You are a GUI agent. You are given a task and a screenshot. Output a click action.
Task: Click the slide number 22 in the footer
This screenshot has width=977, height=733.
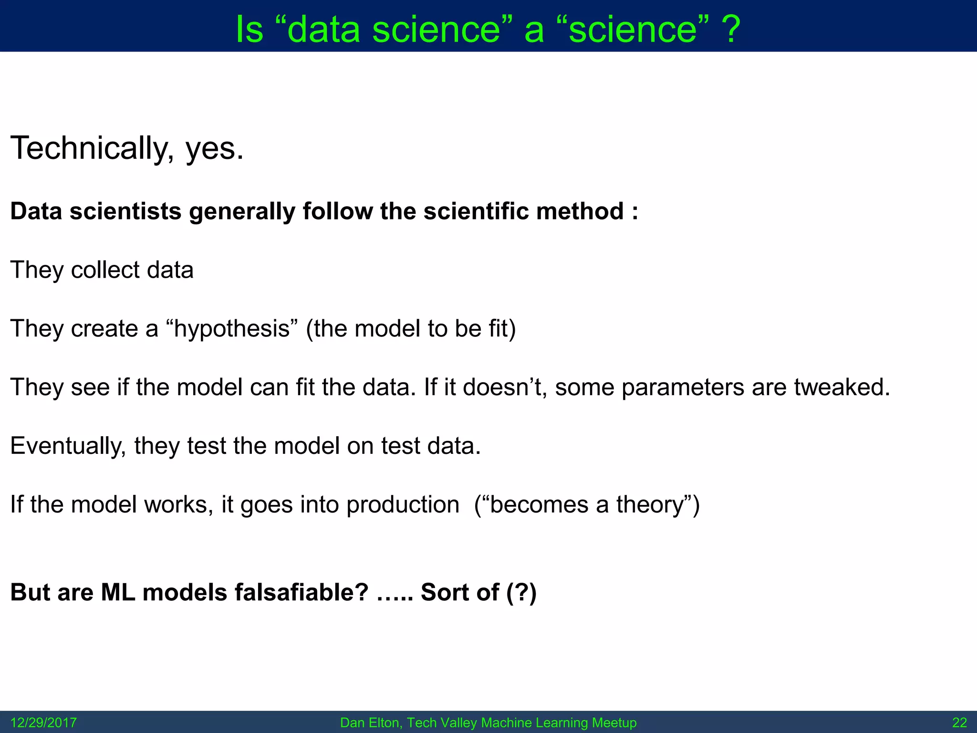tap(959, 723)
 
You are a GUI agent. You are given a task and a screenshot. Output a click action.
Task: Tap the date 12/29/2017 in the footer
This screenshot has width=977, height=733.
tap(43, 723)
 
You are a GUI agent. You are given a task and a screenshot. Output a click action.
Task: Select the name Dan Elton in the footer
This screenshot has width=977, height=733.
tap(370, 723)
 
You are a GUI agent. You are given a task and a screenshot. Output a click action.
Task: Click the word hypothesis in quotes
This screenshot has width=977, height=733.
tap(232, 329)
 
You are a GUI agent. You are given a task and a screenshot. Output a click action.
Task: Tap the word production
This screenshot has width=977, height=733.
tap(403, 505)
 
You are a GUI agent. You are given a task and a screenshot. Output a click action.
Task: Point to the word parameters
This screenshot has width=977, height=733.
tap(683, 387)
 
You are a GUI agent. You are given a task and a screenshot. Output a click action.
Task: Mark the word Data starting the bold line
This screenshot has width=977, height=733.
tap(36, 211)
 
